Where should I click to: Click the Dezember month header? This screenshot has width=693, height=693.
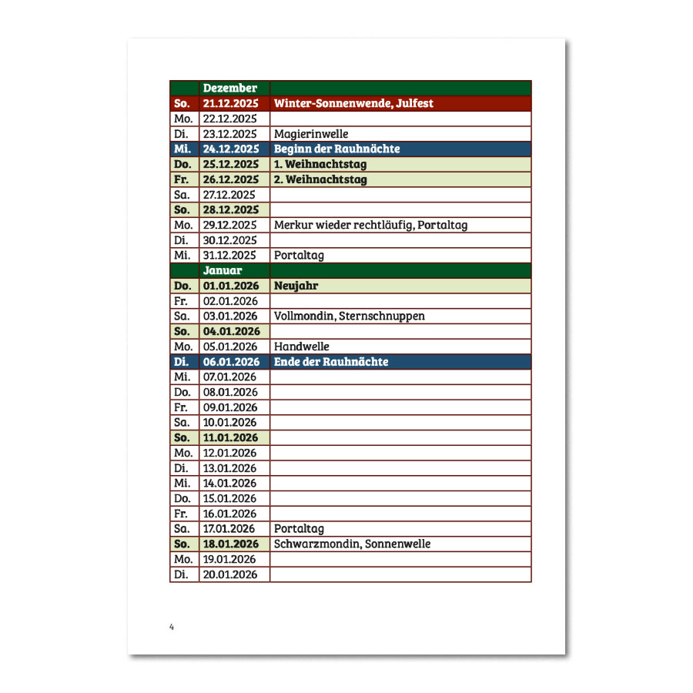[229, 89]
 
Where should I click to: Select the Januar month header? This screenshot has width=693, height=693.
[223, 270]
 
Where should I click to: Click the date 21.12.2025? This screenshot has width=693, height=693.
[231, 103]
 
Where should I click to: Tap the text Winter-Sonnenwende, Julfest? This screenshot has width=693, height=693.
[353, 103]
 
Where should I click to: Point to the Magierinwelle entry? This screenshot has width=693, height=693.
[311, 134]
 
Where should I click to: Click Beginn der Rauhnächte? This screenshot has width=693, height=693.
[336, 149]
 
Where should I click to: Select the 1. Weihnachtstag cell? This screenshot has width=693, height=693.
[320, 164]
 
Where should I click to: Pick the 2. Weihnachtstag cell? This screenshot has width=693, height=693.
[320, 179]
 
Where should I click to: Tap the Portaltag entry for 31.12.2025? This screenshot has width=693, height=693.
[299, 255]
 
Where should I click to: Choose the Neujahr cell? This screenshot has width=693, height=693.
[296, 286]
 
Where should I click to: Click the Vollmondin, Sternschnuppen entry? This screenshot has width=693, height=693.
[349, 316]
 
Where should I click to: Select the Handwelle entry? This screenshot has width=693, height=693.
[301, 346]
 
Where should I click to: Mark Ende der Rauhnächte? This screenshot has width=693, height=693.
[331, 362]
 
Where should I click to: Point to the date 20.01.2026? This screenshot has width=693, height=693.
[230, 574]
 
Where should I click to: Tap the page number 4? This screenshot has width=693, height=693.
[172, 628]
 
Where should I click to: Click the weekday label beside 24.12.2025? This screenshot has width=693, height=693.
[182, 149]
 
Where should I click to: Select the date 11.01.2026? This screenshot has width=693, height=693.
[230, 437]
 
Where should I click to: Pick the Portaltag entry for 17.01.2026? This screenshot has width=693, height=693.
[299, 529]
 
